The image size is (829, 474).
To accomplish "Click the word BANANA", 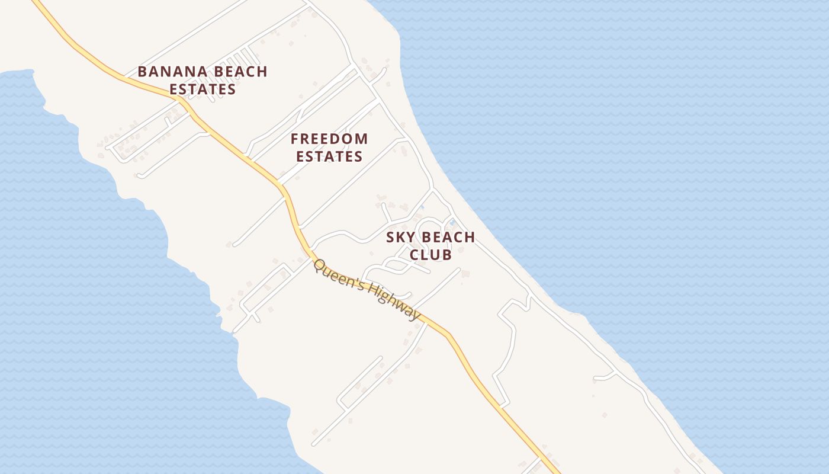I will tap(168, 72).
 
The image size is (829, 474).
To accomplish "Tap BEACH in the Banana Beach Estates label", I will tap(235, 72).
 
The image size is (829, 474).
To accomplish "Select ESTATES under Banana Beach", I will tap(203, 89).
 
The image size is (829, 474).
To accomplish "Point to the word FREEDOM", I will tap(329, 139).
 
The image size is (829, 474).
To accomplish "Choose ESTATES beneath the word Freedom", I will tap(329, 156).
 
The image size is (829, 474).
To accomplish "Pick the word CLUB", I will tap(430, 255).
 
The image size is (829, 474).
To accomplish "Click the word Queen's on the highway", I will tap(337, 276).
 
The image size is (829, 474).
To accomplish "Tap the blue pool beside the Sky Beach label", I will tap(452, 222).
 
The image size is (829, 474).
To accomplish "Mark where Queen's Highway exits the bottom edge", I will tap(557, 472).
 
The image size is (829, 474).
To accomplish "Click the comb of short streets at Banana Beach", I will tap(240, 59).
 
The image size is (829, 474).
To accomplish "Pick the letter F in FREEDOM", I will tap(294, 139).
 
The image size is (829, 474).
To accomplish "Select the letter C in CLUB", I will tap(415, 255).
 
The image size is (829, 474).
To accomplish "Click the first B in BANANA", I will tap(142, 72).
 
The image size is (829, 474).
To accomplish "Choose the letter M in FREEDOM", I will tap(362, 139).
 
